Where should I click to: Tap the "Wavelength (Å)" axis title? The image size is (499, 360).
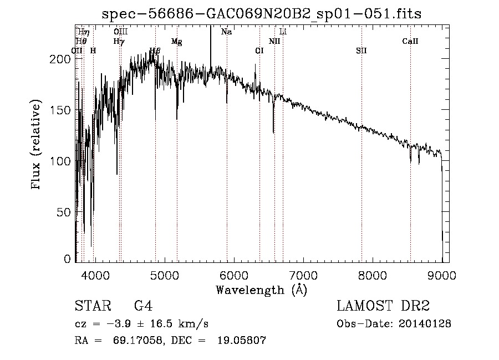pos(261,290)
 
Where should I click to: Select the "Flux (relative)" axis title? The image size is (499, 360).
pos(37,145)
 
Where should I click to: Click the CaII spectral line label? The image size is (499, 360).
pos(410,42)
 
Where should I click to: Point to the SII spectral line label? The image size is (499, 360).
pos(361,50)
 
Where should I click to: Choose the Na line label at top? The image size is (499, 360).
pos(226,32)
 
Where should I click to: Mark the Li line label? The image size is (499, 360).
pos(283,32)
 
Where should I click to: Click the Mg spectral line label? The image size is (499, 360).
pos(176,42)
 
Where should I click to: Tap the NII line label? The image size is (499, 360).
pos(274,42)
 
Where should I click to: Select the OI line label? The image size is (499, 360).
pos(259,50)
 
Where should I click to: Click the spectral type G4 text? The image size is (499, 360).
pos(143,306)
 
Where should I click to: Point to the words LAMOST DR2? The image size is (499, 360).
pos(383,306)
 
